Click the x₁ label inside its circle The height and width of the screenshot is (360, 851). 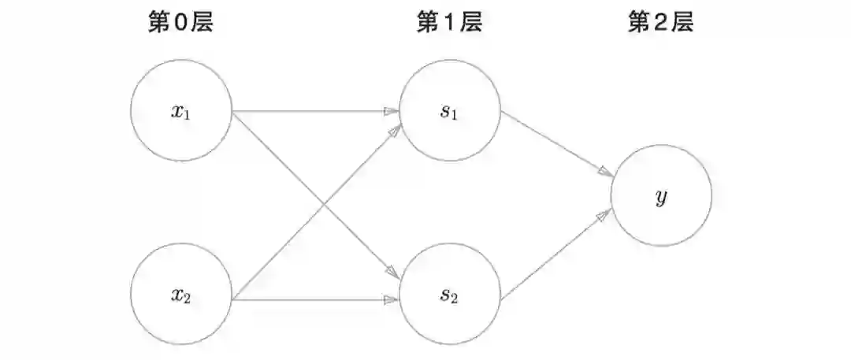click(181, 111)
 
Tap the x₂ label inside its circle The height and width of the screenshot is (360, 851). click(181, 296)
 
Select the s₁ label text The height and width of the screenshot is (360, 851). click(449, 111)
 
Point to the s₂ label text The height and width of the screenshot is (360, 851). click(449, 296)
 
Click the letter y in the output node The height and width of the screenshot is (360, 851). click(661, 197)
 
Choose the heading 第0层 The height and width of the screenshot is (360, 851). click(181, 24)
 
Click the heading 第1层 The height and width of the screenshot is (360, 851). click(449, 24)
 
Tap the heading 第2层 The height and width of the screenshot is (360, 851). click(660, 24)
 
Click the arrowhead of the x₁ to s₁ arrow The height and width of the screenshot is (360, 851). click(390, 112)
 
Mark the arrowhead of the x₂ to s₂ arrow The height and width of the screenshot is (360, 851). click(390, 300)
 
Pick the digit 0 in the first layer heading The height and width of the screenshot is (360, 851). click(180, 24)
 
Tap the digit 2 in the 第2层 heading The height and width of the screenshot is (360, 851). click(660, 24)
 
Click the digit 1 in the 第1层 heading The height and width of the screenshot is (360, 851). click(448, 24)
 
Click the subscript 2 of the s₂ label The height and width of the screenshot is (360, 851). click(455, 300)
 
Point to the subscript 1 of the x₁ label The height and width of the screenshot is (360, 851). click(188, 115)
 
